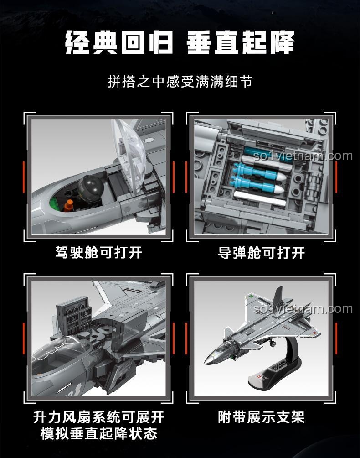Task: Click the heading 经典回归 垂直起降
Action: click(x=180, y=42)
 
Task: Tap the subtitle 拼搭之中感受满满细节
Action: click(x=180, y=82)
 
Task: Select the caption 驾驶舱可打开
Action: click(x=98, y=252)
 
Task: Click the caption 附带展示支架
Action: click(x=261, y=417)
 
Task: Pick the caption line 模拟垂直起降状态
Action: click(x=98, y=433)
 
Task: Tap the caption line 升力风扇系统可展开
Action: click(x=98, y=417)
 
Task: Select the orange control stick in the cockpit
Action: click(x=69, y=205)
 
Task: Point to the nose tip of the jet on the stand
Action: click(x=205, y=363)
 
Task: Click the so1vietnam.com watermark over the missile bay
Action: click(x=303, y=156)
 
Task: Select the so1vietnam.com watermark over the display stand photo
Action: click(x=303, y=308)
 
